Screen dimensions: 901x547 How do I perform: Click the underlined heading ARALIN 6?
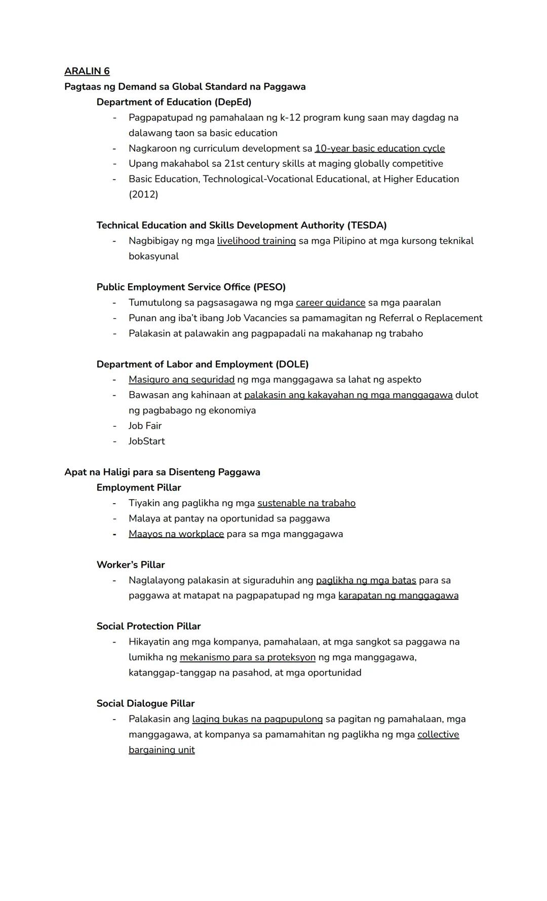click(87, 71)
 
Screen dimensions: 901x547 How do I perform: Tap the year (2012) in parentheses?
click(143, 195)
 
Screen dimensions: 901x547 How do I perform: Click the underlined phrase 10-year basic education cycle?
click(379, 148)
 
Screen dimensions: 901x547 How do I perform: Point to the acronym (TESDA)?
click(367, 225)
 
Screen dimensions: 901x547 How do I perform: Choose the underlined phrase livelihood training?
click(256, 241)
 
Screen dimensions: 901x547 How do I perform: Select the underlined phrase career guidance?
click(330, 303)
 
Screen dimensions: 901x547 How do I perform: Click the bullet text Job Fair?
click(145, 426)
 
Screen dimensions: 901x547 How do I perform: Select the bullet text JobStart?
click(146, 441)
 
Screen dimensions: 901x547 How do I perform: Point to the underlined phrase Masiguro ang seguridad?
click(181, 380)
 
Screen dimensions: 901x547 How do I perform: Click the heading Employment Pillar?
click(139, 487)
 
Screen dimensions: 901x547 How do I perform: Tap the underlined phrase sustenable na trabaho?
click(306, 503)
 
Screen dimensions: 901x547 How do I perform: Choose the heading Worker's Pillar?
click(131, 565)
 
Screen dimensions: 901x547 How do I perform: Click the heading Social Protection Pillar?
click(148, 626)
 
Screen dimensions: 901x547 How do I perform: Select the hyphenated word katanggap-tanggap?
click(172, 672)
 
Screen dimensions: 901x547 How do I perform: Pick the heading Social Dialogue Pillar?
click(145, 703)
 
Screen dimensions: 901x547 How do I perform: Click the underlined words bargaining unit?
click(162, 750)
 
